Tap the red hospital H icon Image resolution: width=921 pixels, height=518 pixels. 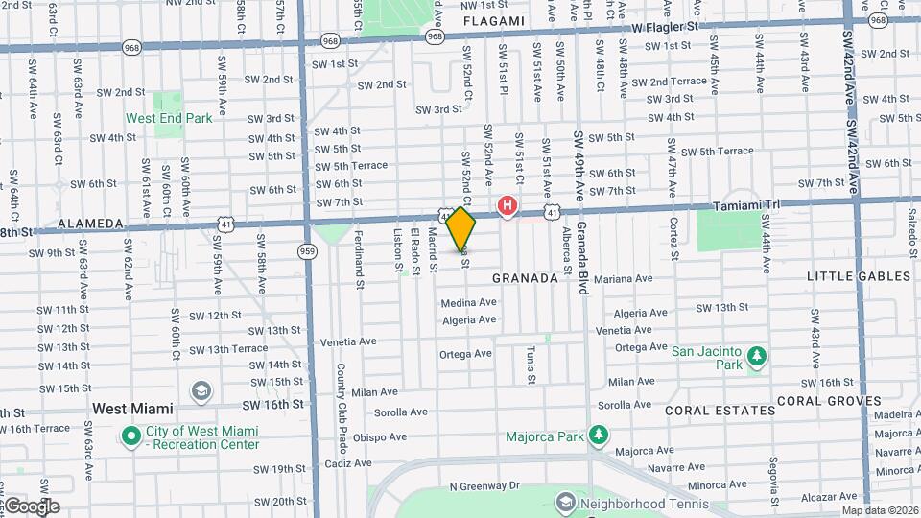click(x=508, y=205)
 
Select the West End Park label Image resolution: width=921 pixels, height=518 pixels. click(x=169, y=119)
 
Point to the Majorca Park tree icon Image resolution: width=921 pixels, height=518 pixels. click(x=599, y=436)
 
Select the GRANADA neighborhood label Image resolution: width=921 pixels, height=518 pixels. click(x=525, y=278)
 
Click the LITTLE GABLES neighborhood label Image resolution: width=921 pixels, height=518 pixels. click(x=858, y=276)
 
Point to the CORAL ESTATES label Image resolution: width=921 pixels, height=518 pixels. click(x=720, y=411)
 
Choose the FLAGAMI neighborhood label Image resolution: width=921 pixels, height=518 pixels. click(x=494, y=21)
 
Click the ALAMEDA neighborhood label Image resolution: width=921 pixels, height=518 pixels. click(x=91, y=224)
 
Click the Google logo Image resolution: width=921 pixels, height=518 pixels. click(x=32, y=506)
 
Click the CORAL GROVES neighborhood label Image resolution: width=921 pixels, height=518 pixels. click(x=829, y=401)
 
